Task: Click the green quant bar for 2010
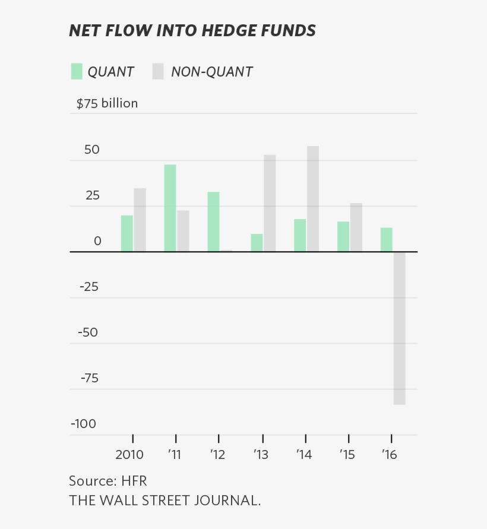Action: coord(127,233)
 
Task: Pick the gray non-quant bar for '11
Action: coord(183,231)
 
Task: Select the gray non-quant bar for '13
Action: coord(270,203)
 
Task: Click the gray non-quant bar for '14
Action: coord(313,199)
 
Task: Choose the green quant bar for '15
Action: coord(343,236)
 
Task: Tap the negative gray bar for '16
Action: coord(399,328)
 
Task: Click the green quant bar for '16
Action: coord(387,239)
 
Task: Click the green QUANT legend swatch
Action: coord(77,72)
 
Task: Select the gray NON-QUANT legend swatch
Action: coord(157,72)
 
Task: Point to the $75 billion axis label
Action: coord(107,103)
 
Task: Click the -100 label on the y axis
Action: coord(83,424)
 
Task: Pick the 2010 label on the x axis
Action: coord(129,455)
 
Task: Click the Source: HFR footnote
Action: coord(107,480)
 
